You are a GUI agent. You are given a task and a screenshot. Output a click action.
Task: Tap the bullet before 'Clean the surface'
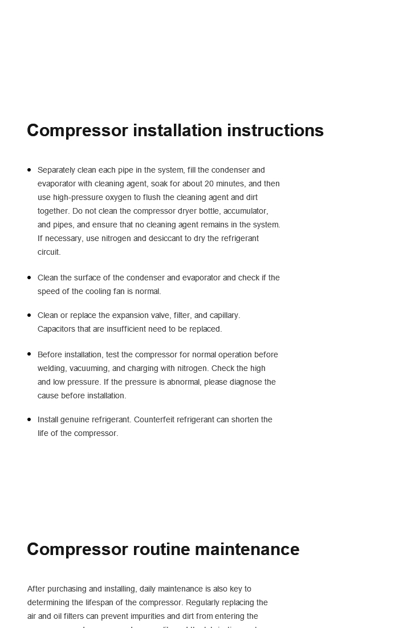point(29,278)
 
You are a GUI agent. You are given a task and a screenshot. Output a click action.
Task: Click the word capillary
point(225,315)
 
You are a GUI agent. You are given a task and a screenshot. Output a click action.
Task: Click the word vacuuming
point(92,368)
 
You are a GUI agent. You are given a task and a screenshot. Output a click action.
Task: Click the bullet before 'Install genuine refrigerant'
point(29,419)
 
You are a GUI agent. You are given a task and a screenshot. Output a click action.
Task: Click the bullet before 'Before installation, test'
point(29,354)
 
